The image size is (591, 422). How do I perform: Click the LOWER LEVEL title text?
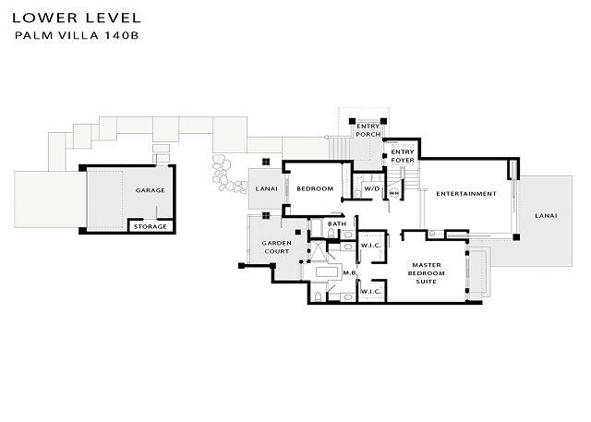(77, 18)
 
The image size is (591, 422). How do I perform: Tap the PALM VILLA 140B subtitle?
(77, 35)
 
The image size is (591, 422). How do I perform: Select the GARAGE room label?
(150, 190)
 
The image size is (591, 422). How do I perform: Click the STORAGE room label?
(150, 226)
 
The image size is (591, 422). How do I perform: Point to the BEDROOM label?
(315, 188)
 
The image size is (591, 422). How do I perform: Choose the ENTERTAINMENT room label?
(466, 194)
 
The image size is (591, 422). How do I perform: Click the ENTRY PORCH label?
(368, 130)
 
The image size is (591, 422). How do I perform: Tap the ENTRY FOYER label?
(403, 156)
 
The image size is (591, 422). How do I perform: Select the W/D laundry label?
(371, 188)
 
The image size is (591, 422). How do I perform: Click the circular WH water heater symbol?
(394, 193)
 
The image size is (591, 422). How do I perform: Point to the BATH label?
(337, 223)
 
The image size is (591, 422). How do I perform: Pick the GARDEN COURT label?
(277, 247)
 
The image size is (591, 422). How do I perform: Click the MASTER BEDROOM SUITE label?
(427, 273)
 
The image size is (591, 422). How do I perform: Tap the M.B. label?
(349, 272)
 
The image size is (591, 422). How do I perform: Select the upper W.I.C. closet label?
(371, 246)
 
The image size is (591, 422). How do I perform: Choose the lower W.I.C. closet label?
(371, 292)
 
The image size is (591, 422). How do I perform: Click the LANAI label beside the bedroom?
(267, 188)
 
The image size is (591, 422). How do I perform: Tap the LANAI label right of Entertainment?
(546, 216)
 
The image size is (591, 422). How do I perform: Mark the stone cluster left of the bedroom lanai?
(227, 175)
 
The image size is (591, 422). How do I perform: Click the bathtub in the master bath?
(329, 272)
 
